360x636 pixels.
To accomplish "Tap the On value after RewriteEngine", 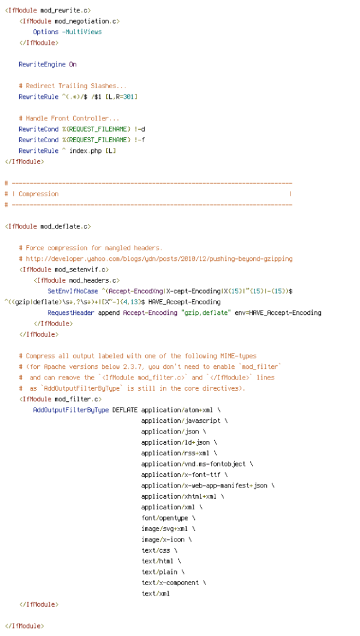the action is coord(73,65).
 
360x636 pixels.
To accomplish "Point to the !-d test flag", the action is coord(140,129).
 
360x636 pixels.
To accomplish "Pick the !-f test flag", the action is coord(140,140).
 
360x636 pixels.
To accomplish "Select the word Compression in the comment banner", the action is coord(38,194).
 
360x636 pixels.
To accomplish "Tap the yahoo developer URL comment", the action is coord(159,259).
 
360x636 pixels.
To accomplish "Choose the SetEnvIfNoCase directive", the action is coord(73,291).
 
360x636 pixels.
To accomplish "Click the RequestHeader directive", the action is coord(71,313).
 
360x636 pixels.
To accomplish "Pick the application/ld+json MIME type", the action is coord(176,442).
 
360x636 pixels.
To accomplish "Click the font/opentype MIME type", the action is coord(164,519).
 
